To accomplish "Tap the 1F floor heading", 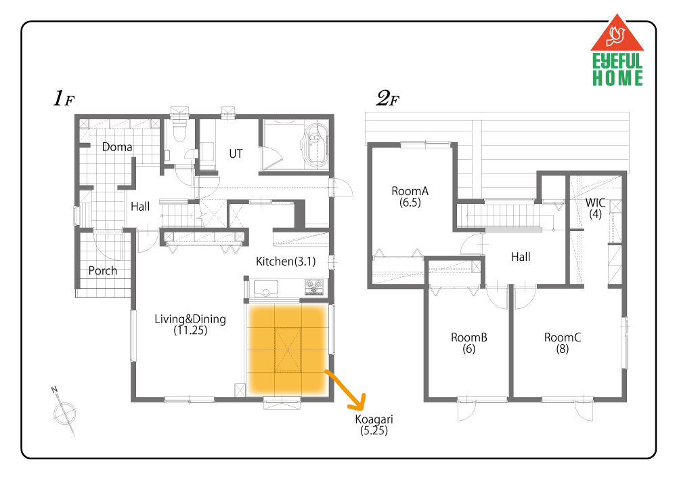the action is point(64,98).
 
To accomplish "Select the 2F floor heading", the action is point(388,98).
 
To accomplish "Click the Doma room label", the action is point(117,147).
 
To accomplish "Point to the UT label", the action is point(236,154).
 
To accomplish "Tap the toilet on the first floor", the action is point(179,129).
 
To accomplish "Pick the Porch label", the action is point(103,271).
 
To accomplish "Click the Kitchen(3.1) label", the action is point(286,262).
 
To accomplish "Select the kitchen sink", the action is point(265,288).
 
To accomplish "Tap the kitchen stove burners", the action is point(314,287).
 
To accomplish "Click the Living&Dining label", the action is point(190,325).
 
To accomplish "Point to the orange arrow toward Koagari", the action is point(345,390).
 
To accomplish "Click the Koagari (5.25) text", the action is point(374,425).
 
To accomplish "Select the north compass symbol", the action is point(64,412).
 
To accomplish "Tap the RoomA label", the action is point(410,196).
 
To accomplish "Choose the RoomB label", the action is point(469,343).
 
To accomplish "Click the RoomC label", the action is point(562,343).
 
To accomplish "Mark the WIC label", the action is point(595,208).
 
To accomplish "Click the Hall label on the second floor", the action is point(521,257).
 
